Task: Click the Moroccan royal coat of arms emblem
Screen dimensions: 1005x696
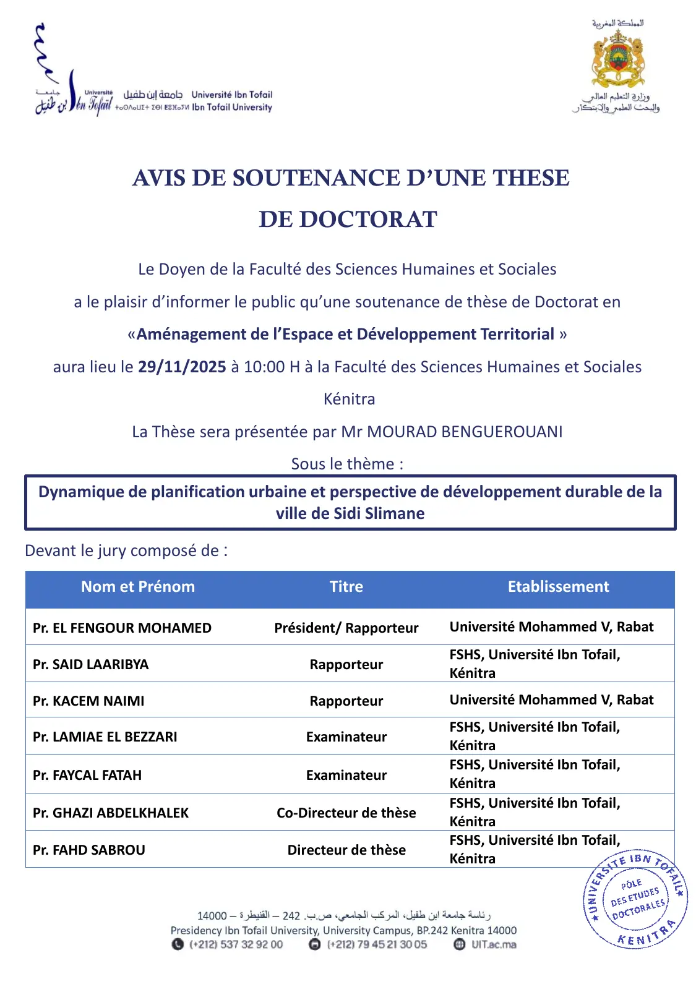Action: tap(618, 59)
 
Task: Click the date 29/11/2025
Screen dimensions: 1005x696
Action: tap(182, 367)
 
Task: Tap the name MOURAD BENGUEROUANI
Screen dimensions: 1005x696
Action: tap(465, 432)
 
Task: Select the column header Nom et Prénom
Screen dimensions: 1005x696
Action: tap(138, 587)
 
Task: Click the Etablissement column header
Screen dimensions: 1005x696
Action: tap(558, 587)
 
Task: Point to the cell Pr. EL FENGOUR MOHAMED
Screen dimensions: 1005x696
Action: tap(122, 628)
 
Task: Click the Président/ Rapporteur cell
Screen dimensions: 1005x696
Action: tap(346, 628)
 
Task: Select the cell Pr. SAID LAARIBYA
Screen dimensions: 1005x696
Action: tap(91, 664)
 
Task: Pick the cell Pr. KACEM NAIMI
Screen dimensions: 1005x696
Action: tap(88, 701)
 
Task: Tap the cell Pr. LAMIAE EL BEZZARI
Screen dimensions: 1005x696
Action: tap(105, 737)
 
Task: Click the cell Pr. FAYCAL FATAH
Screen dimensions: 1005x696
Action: tap(87, 775)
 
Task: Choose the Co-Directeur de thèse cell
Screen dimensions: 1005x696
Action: tap(346, 813)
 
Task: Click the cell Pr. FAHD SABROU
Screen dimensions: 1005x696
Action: tap(89, 850)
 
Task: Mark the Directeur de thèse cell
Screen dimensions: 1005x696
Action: tap(346, 850)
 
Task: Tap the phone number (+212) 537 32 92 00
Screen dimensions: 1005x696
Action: tap(236, 944)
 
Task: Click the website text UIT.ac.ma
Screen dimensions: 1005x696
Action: tap(494, 944)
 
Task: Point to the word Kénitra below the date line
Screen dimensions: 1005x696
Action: tap(349, 399)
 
